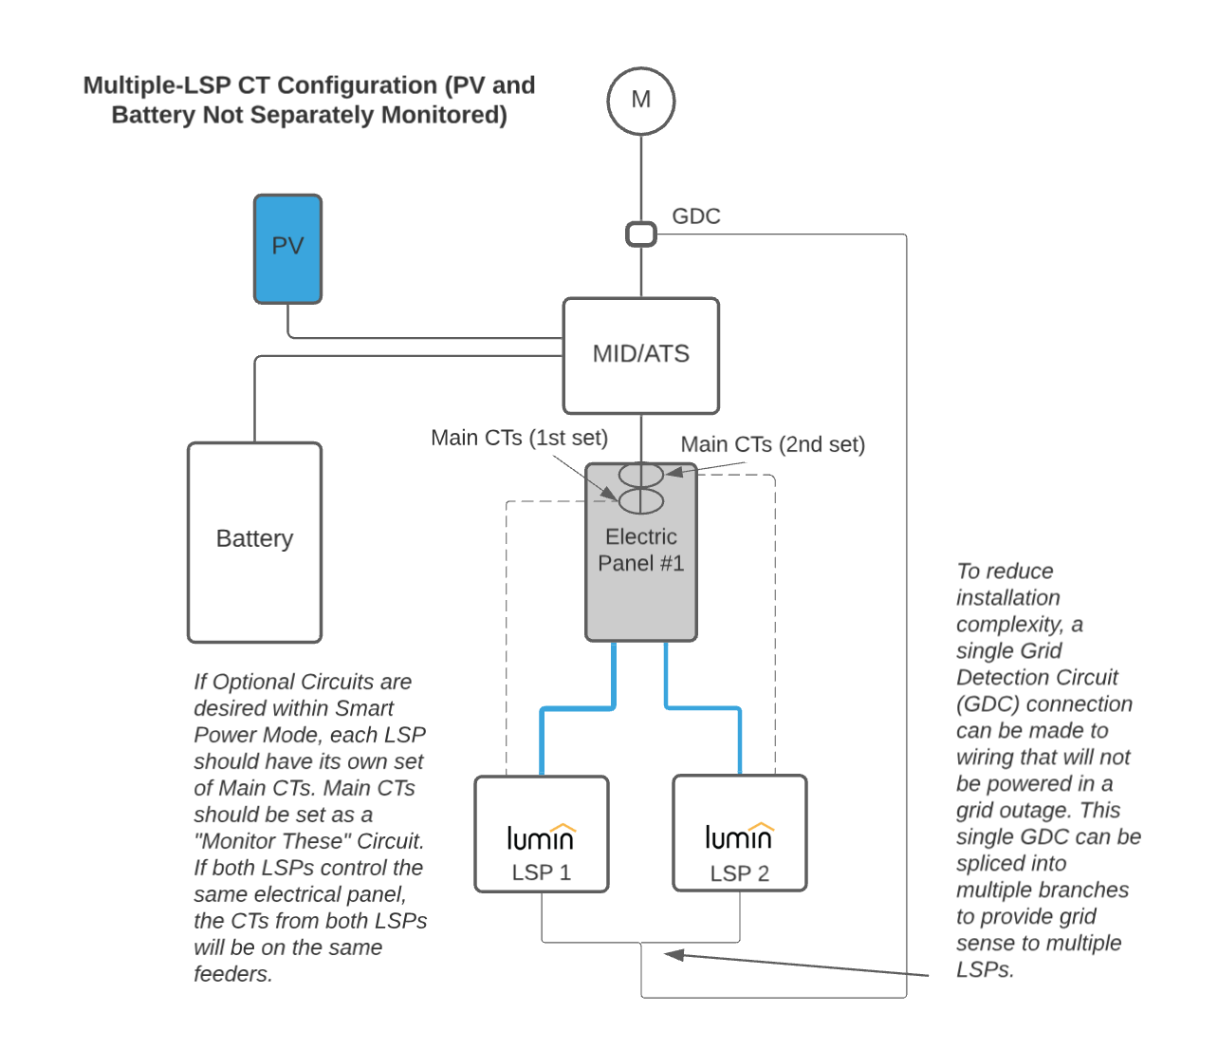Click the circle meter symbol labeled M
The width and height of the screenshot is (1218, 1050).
point(640,101)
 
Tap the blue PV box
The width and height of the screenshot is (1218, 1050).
point(287,249)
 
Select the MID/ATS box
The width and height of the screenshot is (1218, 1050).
point(640,355)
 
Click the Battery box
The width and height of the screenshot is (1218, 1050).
point(254,541)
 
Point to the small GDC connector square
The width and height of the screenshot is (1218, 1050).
point(641,234)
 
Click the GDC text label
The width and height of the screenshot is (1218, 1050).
point(695,216)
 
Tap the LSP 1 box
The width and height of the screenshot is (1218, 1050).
point(541,834)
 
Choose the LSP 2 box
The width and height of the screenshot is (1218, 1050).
point(739,834)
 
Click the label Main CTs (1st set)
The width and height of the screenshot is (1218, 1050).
point(519,438)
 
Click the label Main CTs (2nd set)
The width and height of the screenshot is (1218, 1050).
point(772,444)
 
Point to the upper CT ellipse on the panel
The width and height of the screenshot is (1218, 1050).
point(641,474)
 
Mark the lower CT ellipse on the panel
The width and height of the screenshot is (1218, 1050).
point(641,500)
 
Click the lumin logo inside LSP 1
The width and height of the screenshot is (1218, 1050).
point(541,836)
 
